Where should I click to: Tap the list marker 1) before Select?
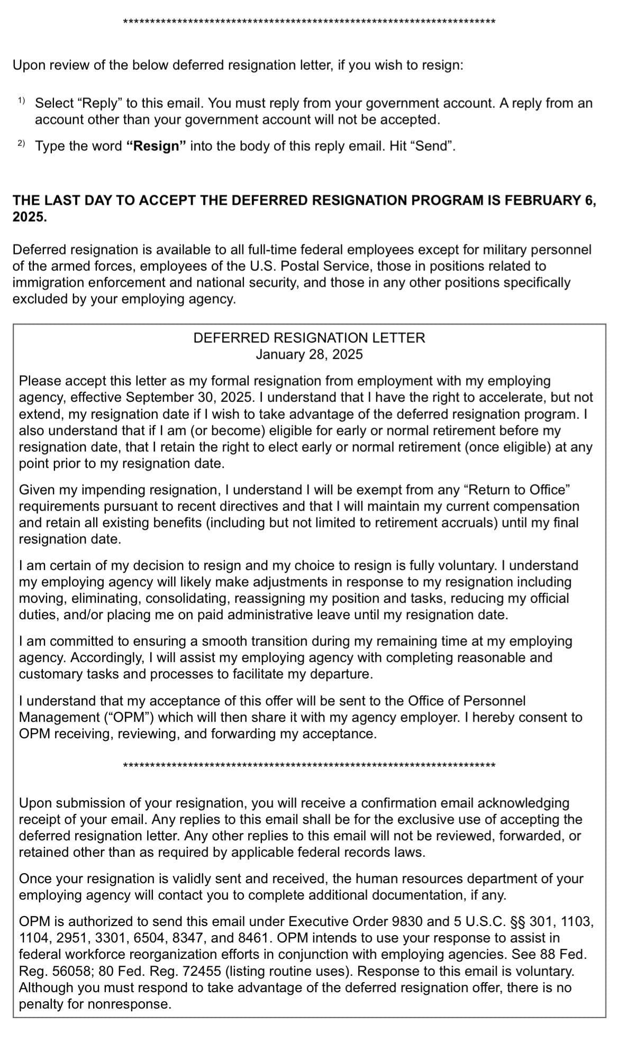click(x=21, y=100)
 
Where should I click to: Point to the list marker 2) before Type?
click(x=21, y=143)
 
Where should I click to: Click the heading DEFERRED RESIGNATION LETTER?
click(x=309, y=338)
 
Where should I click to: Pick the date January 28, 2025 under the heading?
click(x=309, y=354)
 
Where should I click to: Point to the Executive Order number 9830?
click(x=406, y=922)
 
